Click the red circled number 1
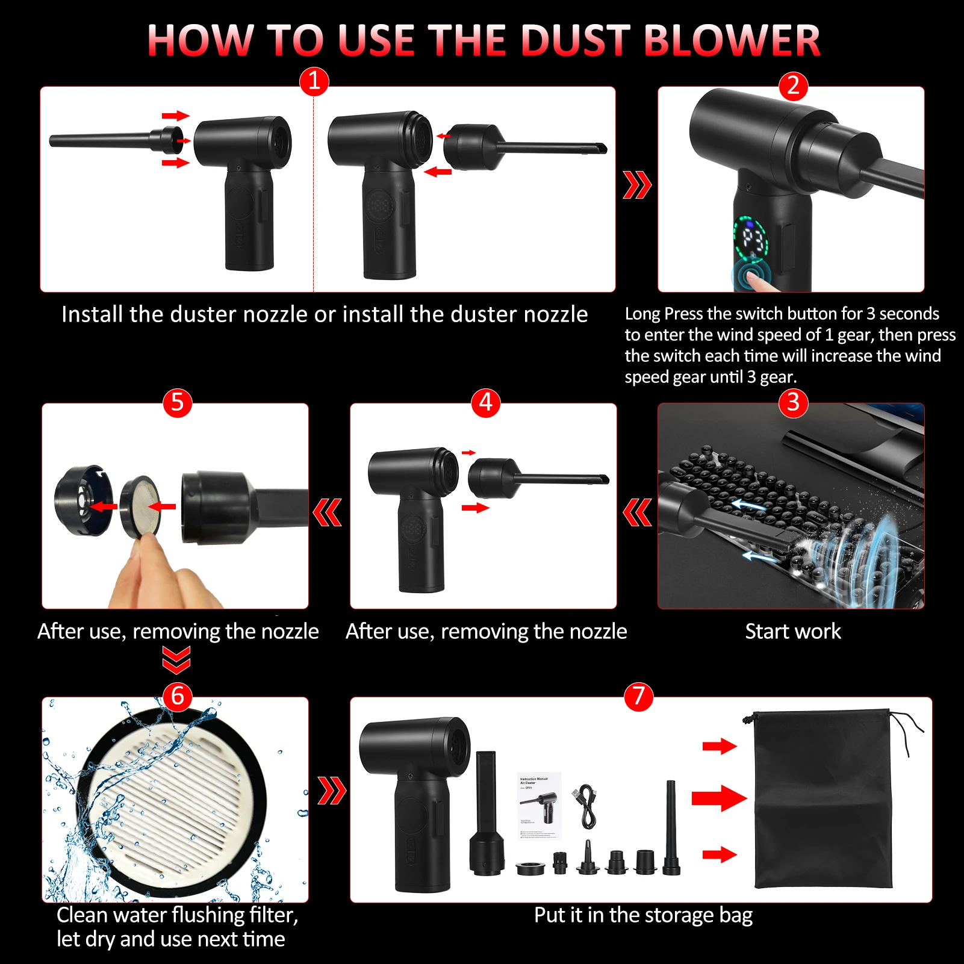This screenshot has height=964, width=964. pyautogui.click(x=314, y=81)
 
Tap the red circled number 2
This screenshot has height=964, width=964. pyautogui.click(x=793, y=86)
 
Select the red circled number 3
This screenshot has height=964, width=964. pyautogui.click(x=793, y=402)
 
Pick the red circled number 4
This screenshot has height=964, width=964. pyautogui.click(x=485, y=402)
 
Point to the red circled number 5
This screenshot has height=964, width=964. pyautogui.click(x=177, y=402)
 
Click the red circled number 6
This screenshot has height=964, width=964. pyautogui.click(x=177, y=695)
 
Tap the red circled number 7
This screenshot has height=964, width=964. pyautogui.click(x=638, y=695)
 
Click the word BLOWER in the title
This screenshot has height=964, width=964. pyautogui.click(x=731, y=41)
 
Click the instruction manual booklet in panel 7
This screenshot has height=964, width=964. pyautogui.click(x=540, y=806)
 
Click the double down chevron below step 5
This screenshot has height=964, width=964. pyautogui.click(x=176, y=659)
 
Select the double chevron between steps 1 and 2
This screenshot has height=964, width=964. pyautogui.click(x=637, y=185)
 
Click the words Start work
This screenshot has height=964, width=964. pyautogui.click(x=792, y=631)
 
